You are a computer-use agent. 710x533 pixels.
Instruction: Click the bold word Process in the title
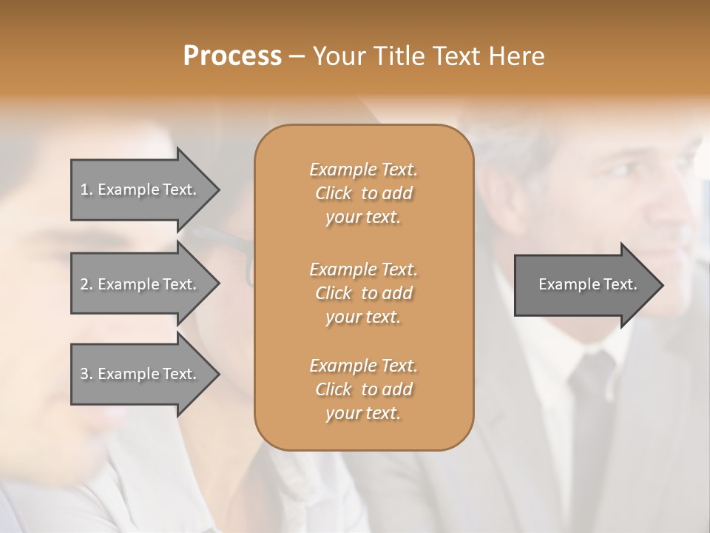(232, 56)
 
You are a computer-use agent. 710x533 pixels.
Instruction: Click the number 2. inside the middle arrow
(87, 284)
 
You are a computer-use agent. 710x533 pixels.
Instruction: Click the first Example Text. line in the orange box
(363, 170)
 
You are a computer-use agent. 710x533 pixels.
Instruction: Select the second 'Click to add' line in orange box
(363, 293)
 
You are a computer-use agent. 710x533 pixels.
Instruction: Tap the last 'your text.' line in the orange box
(363, 414)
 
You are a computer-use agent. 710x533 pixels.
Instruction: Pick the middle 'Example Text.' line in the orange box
(363, 269)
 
